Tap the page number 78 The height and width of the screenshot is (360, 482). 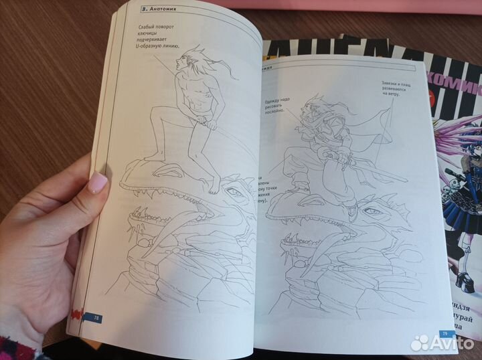pos(98,317)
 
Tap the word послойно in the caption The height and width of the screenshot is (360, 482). pos(280,115)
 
